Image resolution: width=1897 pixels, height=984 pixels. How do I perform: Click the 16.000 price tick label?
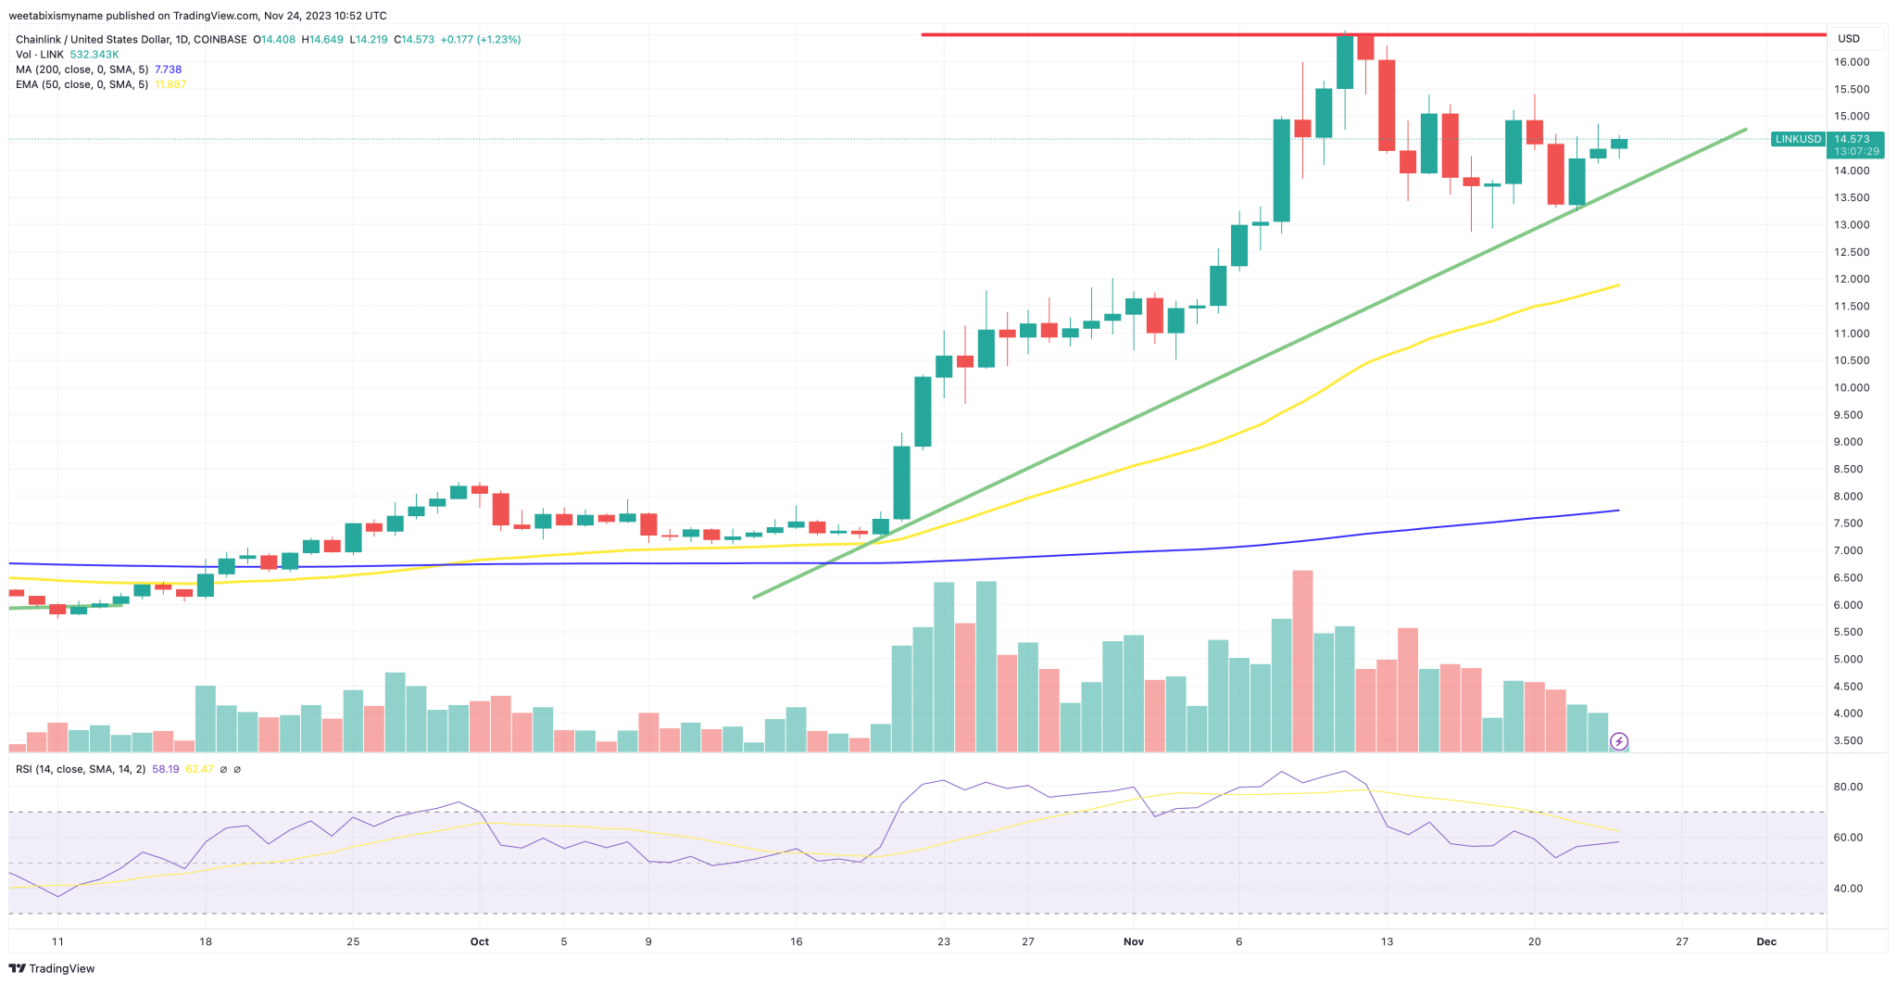tap(1852, 62)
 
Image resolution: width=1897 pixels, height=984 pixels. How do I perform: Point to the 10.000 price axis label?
tap(1852, 387)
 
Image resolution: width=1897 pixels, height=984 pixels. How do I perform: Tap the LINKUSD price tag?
tap(1797, 139)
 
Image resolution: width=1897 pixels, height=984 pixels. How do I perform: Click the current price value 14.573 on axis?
tap(1852, 139)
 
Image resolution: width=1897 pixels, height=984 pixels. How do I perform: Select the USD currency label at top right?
tap(1849, 38)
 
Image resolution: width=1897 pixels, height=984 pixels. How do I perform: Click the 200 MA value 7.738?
tap(168, 69)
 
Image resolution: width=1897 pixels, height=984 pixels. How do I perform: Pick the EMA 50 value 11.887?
tap(170, 84)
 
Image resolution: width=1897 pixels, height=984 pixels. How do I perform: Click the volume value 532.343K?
tap(94, 55)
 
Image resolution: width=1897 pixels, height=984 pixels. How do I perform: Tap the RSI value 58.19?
tap(166, 769)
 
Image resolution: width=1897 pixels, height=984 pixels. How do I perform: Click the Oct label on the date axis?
tap(479, 941)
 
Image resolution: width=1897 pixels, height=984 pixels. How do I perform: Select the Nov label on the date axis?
tap(1133, 941)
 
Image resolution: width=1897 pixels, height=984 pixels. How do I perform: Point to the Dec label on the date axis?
tap(1766, 941)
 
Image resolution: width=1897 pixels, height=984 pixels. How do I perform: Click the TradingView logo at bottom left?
tap(52, 968)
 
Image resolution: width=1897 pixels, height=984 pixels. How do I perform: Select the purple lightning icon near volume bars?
tap(1618, 741)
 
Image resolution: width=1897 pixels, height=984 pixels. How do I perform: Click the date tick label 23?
tap(943, 941)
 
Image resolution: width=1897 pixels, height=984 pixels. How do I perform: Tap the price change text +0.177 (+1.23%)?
tap(480, 40)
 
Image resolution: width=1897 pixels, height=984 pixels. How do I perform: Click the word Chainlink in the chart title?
tap(38, 40)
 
